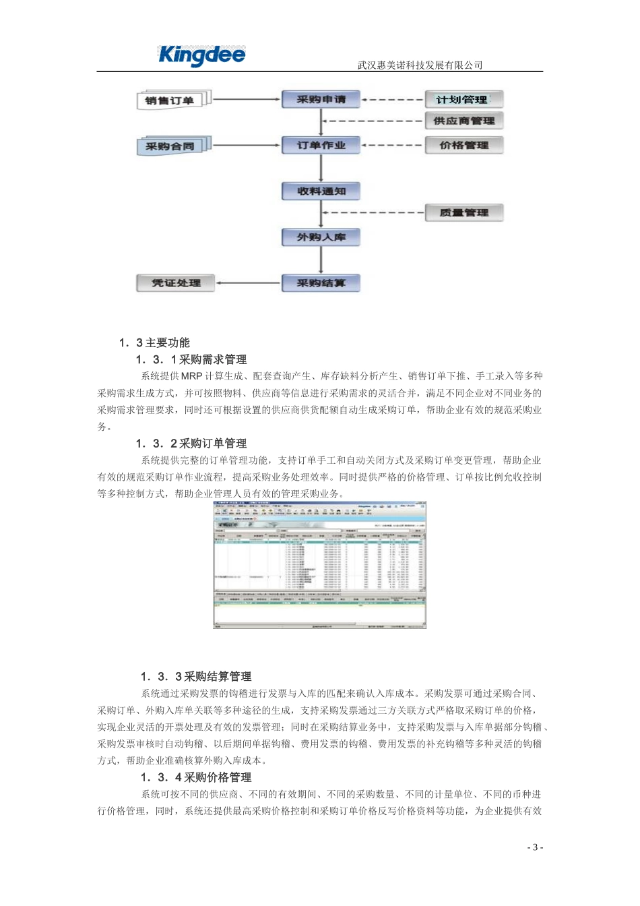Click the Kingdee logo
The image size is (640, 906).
[x=201, y=55]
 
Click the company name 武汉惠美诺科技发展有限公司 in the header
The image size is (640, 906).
[x=420, y=65]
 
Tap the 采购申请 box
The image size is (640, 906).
[x=321, y=100]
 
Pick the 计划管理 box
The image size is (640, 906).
[x=463, y=100]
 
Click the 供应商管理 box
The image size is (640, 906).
[x=463, y=121]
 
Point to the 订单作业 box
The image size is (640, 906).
[x=321, y=145]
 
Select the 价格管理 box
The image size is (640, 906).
[x=463, y=145]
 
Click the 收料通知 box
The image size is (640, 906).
[x=321, y=191]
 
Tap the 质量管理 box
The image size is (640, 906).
[x=463, y=213]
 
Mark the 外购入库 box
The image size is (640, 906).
[x=321, y=237]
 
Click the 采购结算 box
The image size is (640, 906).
[x=321, y=283]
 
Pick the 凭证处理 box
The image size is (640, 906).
[x=176, y=283]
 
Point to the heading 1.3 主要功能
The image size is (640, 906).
[x=154, y=342]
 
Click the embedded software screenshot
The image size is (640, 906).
[x=319, y=565]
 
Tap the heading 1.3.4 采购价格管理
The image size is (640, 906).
[x=196, y=777]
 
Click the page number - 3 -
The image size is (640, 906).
[x=535, y=847]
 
